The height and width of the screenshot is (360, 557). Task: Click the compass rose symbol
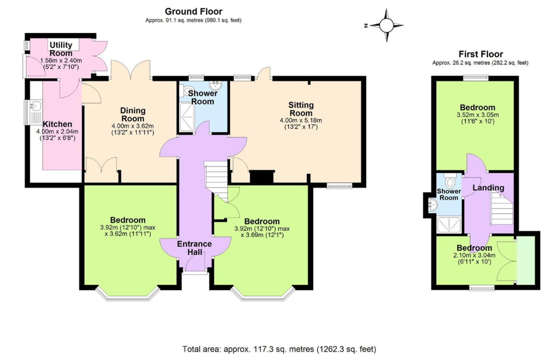pos(386,25)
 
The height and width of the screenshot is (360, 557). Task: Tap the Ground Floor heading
pos(194,11)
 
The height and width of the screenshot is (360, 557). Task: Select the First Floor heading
pos(481,54)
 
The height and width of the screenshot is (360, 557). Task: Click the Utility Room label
pos(61,49)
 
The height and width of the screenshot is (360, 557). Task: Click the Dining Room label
pos(133,114)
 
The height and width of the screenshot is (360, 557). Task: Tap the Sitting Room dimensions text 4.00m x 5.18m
pos(301,121)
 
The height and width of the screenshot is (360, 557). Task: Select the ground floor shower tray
pos(187,117)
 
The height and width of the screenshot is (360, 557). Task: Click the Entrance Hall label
pos(194,248)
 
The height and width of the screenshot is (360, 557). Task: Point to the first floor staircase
pos(502,209)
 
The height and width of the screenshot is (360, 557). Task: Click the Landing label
pos(488,188)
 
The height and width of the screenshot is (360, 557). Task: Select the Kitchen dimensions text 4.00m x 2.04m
pos(57,131)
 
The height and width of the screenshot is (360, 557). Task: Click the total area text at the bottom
pos(279,349)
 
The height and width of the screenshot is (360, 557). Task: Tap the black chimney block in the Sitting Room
pos(262,177)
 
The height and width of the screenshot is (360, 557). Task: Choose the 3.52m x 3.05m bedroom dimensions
pos(478,115)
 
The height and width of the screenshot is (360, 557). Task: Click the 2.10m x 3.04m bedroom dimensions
pos(474,255)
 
